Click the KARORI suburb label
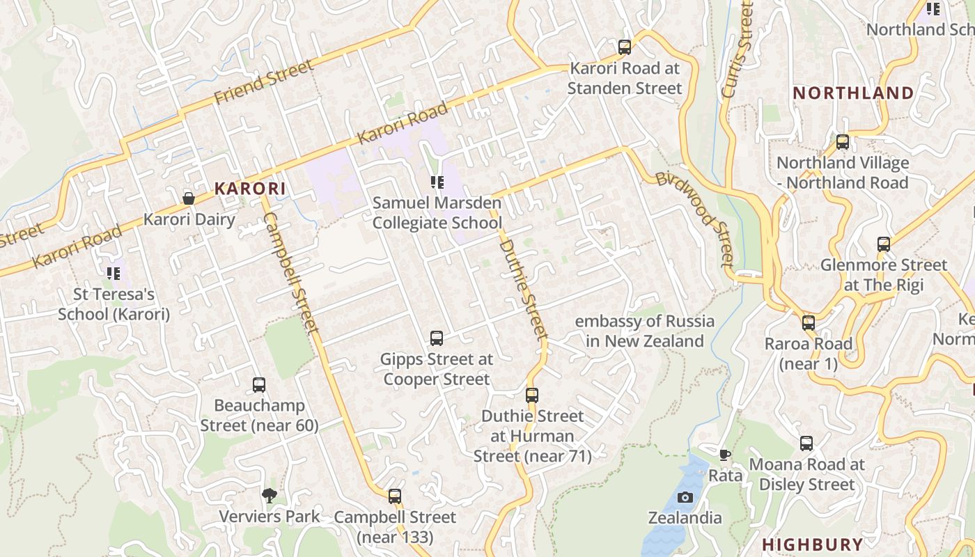click(x=250, y=188)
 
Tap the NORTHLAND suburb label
click(x=853, y=93)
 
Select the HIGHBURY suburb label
click(x=812, y=544)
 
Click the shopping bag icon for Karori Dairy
click(x=189, y=198)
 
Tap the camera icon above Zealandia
click(x=685, y=497)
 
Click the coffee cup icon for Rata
click(x=725, y=455)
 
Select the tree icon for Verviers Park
click(x=270, y=496)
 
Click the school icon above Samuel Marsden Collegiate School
click(x=437, y=182)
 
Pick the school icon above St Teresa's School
click(x=113, y=274)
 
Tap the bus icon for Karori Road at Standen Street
click(x=625, y=47)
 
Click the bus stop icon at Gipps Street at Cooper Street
click(x=437, y=338)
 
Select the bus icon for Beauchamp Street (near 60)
click(x=259, y=384)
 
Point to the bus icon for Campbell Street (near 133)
click(x=395, y=496)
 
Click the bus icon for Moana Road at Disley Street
click(x=806, y=444)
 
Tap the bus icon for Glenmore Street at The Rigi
click(x=884, y=244)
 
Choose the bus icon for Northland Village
click(x=843, y=142)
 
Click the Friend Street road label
click(x=263, y=82)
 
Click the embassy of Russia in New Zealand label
click(x=644, y=331)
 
